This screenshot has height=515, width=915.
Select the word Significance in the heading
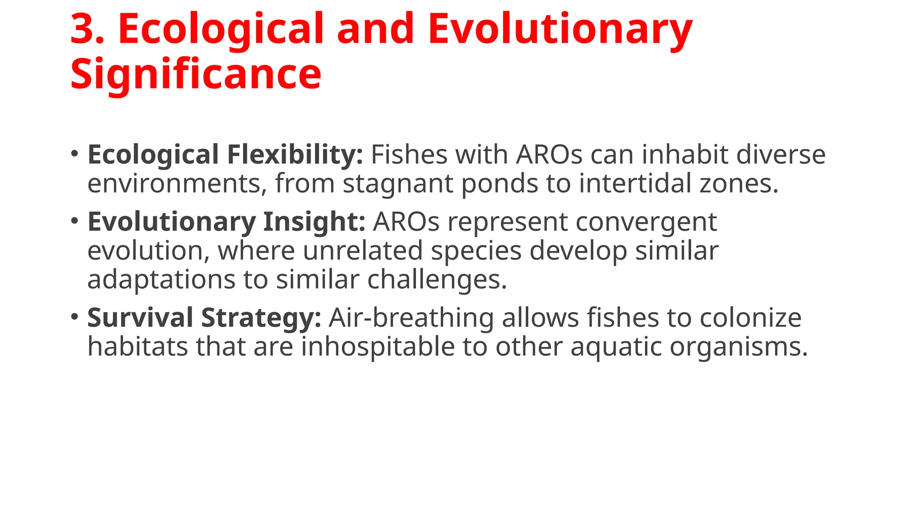click(196, 74)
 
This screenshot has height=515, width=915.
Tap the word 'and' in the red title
click(375, 29)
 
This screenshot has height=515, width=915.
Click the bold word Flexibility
click(295, 155)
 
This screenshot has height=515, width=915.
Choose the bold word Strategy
click(261, 318)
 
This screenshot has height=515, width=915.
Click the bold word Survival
click(140, 318)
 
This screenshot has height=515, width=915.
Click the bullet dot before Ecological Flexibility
click(75, 154)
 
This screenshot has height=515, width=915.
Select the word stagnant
click(398, 184)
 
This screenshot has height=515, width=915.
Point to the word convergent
click(646, 222)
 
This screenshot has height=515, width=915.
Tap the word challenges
click(437, 280)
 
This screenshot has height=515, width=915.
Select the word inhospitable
click(378, 347)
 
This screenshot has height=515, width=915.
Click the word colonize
click(750, 318)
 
